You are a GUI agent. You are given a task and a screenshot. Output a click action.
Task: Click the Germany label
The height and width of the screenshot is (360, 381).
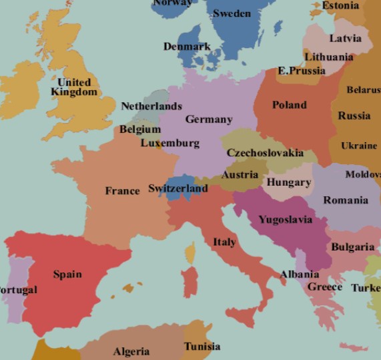pos(209,120)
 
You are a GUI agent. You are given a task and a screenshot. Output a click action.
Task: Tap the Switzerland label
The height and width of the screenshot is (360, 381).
pos(177,188)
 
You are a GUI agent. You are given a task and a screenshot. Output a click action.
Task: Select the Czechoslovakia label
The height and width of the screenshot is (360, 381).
pos(265,153)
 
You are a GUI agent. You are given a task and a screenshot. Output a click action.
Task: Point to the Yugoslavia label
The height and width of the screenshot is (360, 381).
pos(285,220)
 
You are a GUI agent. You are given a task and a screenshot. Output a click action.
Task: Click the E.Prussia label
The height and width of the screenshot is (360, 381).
pos(301,70)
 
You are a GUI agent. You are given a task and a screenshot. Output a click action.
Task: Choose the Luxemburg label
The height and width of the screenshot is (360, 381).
pos(169,143)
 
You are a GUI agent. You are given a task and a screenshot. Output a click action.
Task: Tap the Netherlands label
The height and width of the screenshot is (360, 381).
pos(151,106)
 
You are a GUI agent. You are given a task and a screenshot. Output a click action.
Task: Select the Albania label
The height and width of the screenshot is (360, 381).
pos(299,275)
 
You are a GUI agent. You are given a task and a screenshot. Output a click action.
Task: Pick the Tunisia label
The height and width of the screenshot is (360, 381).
pos(202,347)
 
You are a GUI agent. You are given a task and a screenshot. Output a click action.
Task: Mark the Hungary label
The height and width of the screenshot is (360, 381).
pos(288,182)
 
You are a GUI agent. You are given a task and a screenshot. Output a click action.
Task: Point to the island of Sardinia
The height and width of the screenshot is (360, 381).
pos(190,281)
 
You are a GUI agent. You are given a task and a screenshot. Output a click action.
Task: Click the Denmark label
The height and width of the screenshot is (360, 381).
pos(187,47)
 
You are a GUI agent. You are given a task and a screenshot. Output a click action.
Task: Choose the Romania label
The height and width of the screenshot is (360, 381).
pos(345,200)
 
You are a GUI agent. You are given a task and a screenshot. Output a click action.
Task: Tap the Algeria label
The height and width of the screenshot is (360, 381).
pos(131,351)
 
